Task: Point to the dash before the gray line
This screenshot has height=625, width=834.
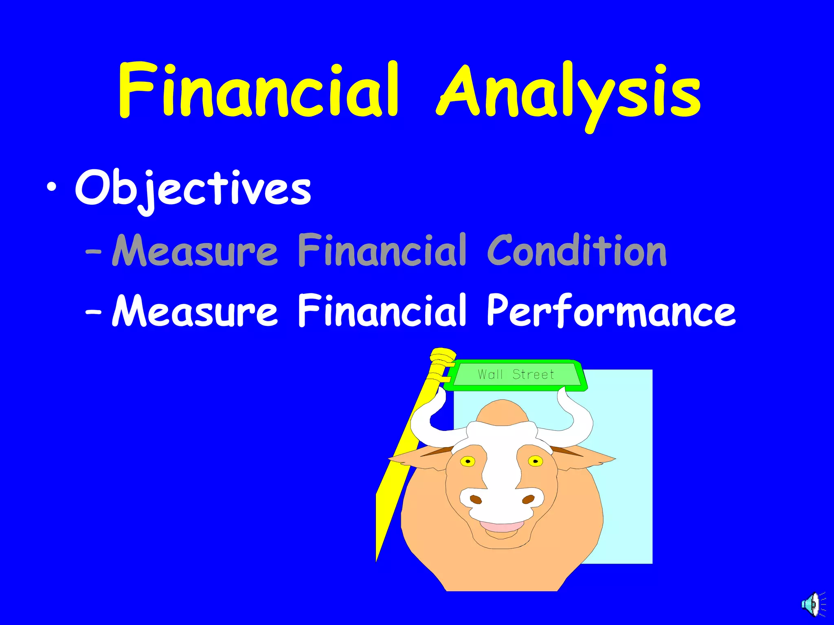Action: coord(94,252)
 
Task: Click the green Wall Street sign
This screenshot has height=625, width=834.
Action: coord(516,374)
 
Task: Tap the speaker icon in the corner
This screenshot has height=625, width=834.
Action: coord(813,604)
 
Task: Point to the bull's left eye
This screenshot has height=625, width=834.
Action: coord(468,461)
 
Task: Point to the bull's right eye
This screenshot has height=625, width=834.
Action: coord(535,461)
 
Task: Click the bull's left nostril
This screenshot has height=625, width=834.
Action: coord(476,499)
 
